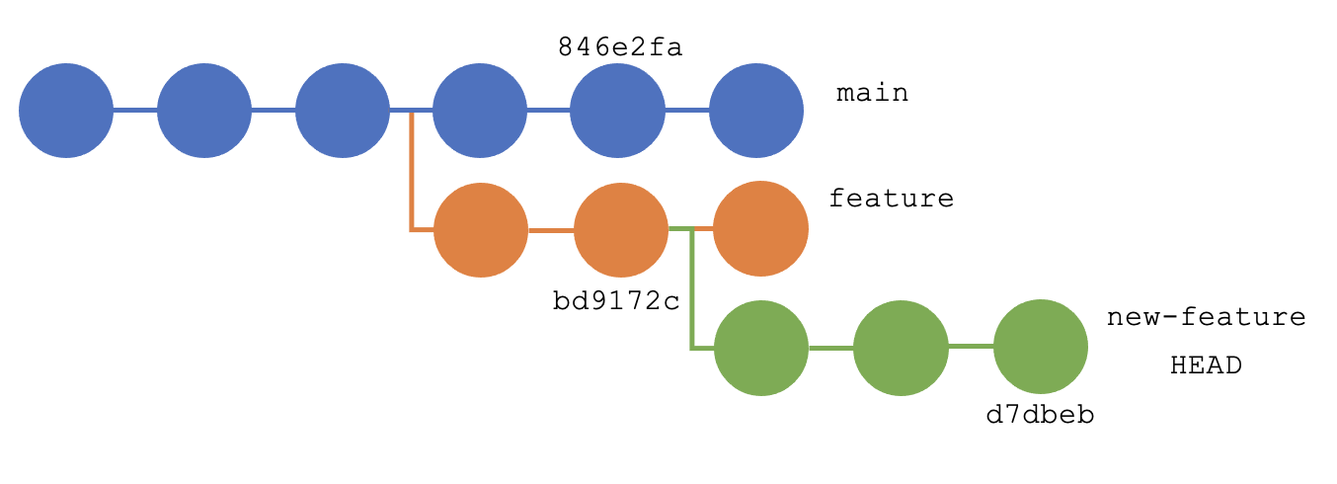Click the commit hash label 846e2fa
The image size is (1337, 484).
pos(619,46)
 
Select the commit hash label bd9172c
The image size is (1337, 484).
pos(616,300)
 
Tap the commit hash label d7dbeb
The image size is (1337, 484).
pos(1040,415)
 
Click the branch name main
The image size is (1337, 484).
pos(872,94)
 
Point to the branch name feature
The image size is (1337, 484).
pos(891,199)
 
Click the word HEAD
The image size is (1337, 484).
pos(1206,365)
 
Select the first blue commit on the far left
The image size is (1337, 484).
pos(66,111)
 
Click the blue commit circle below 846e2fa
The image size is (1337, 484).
pos(617,111)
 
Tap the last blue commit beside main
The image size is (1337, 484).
pos(756,111)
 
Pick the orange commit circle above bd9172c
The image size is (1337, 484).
pos(621,229)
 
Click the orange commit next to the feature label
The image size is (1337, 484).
pos(760,229)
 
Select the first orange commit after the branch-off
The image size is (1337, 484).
pos(481,229)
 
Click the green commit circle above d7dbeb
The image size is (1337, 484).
pos(1040,347)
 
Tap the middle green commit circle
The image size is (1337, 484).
pos(900,348)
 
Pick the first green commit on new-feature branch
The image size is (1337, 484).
pos(760,348)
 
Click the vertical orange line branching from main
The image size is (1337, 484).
pos(411,173)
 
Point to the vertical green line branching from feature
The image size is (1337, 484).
pos(691,291)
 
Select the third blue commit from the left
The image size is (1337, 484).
pos(342,111)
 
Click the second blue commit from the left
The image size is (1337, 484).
pos(203,111)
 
